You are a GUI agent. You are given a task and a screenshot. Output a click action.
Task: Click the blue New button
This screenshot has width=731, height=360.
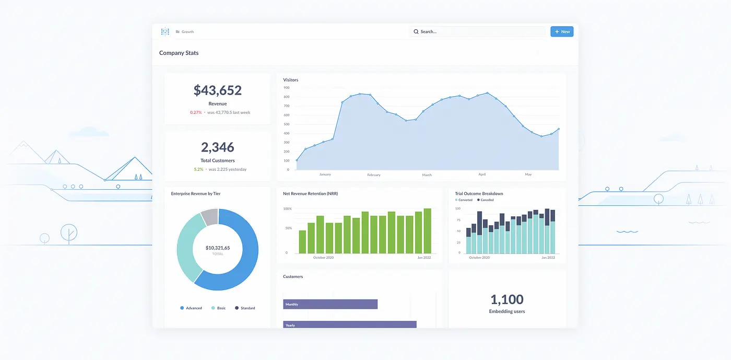click(562, 32)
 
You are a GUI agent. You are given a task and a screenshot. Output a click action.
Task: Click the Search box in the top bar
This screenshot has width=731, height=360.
click(477, 32)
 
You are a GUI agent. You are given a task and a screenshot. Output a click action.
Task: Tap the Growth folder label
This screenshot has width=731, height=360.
click(187, 32)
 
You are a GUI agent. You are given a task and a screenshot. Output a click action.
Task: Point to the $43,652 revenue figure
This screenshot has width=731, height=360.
click(217, 90)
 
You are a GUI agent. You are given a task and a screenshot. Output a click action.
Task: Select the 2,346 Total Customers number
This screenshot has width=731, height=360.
click(217, 147)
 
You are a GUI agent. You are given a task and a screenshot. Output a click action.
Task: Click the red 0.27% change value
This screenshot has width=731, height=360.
click(196, 112)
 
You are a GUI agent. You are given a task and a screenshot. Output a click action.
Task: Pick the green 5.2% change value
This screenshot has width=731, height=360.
click(198, 169)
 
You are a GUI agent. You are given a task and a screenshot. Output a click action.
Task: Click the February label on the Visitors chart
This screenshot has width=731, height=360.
click(374, 175)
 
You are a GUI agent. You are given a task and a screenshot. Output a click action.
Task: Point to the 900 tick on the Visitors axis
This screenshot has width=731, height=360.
click(287, 88)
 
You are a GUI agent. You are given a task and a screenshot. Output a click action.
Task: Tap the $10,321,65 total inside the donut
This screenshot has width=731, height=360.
click(217, 248)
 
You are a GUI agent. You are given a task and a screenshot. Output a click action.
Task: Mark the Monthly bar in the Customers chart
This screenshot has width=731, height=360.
click(330, 304)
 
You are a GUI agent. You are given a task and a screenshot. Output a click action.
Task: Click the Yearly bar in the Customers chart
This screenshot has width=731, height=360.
click(349, 324)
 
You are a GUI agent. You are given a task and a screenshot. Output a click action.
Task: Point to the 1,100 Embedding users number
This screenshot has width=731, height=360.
click(506, 299)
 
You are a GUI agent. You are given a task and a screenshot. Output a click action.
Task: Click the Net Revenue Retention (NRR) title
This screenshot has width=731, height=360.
click(310, 194)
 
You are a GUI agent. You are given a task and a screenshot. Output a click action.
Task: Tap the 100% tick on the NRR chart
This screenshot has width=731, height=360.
click(287, 208)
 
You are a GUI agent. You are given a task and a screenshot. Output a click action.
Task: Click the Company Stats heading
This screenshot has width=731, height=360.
click(179, 53)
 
